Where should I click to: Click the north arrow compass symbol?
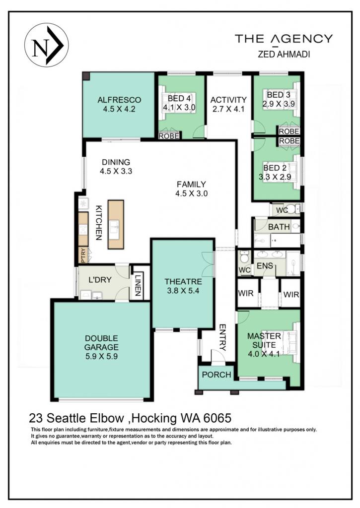[x=46, y=45]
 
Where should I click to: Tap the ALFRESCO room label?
[x=119, y=100]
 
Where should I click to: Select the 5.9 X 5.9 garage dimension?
[x=101, y=356]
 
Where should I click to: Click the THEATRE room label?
[x=183, y=282]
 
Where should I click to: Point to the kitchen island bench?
[x=116, y=224]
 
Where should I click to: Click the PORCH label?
[x=216, y=375]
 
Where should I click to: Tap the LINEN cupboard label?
[x=138, y=285]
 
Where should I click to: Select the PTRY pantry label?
[x=83, y=255]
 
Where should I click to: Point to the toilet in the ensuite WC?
[x=244, y=257]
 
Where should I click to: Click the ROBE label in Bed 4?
[x=169, y=136]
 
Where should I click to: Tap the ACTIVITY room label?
[x=228, y=100]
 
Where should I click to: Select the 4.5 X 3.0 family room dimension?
[x=191, y=194]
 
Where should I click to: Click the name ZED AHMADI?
[x=284, y=54]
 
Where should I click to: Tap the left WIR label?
[x=245, y=294]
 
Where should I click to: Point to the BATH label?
[x=279, y=227]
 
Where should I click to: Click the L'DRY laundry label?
[x=100, y=280]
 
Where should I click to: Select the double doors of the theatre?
[x=208, y=264]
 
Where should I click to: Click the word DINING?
[x=116, y=162]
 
